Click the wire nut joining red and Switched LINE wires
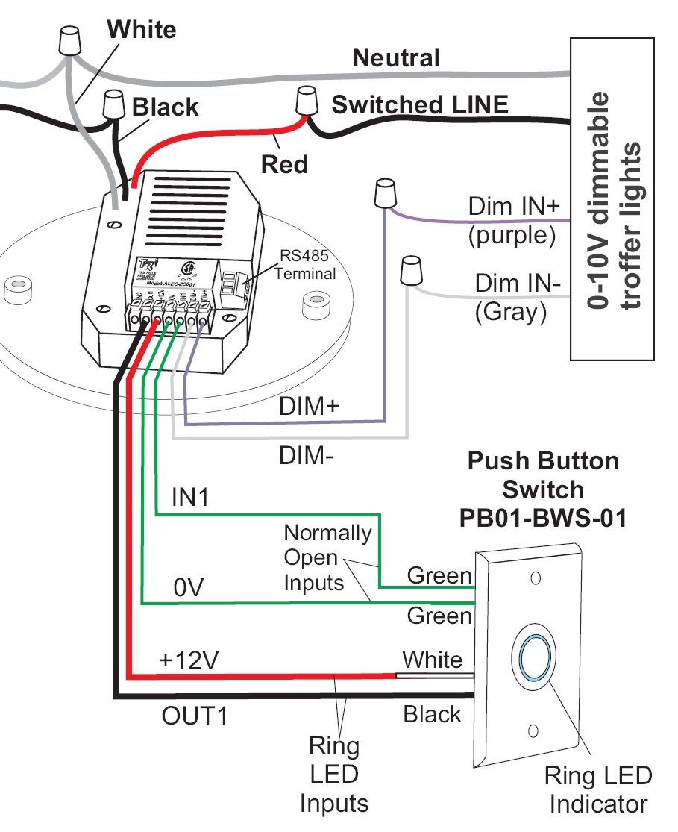306,101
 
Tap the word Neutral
396,57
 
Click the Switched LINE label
420,104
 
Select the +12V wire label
182,660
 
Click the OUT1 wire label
193,717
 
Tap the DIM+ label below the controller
309,407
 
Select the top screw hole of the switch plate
535,578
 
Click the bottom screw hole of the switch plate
533,731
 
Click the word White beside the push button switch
432,659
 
